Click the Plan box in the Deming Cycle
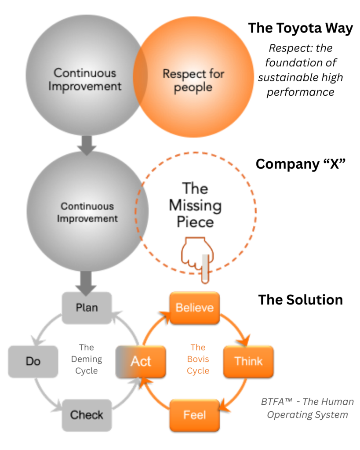click(87, 308)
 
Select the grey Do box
click(33, 361)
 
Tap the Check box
click(87, 415)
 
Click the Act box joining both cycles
click(141, 361)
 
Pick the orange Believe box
click(194, 308)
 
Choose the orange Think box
click(248, 361)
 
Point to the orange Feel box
click(194, 415)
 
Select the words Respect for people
click(193, 80)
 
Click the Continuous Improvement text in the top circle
click(85, 79)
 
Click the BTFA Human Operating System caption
click(307, 408)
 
